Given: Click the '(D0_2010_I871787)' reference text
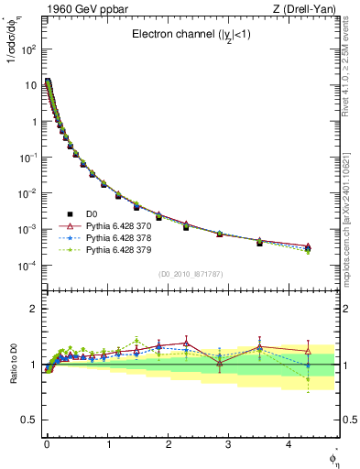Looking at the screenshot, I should (191, 275).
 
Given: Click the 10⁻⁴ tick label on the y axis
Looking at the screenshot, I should (27, 266).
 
